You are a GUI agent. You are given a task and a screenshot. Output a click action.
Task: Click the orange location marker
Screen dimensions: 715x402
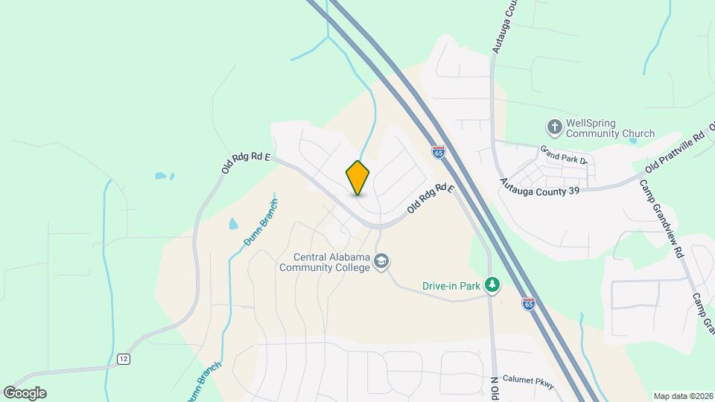357,177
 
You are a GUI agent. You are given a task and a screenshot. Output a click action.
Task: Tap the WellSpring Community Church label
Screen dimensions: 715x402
610,128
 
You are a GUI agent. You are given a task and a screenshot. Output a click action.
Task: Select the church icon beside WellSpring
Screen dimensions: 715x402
554,127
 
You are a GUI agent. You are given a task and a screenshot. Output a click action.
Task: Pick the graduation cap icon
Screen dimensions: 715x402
382,261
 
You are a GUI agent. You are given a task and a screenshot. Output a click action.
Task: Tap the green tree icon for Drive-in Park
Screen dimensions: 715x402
492,284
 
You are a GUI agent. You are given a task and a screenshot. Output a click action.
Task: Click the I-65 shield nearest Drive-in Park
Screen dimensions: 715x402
528,304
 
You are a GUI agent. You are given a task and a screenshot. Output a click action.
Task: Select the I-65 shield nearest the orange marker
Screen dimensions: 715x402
438,152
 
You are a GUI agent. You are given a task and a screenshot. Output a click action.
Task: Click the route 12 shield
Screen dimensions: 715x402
122,360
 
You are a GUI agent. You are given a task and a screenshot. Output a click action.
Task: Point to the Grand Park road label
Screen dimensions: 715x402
565,154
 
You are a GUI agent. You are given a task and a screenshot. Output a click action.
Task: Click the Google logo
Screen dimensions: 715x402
25,392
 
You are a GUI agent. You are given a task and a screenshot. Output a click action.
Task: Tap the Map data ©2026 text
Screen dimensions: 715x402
682,396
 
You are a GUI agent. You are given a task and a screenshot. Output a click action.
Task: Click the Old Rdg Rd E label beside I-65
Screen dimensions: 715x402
430,200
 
